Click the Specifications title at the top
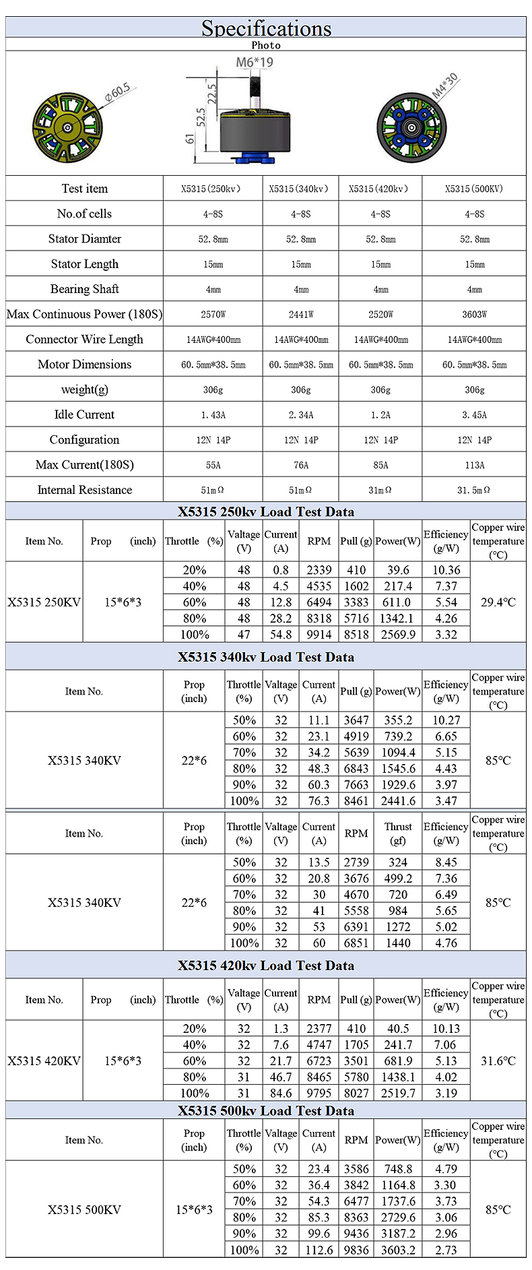coord(266,28)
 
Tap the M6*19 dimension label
coord(255,63)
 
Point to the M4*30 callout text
coord(444,86)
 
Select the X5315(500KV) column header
coord(474,189)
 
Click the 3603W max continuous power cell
coord(474,315)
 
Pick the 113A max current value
coord(474,465)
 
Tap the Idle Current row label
coord(84,415)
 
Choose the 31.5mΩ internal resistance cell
coord(474,490)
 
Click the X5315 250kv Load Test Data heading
coord(266,511)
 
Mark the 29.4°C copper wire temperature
coord(498,602)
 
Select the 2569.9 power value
coord(398,635)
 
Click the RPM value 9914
coord(319,635)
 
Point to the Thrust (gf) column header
coord(398,833)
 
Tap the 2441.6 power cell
coord(398,801)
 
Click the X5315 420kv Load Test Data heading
coord(266,965)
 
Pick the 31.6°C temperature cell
coord(498,1061)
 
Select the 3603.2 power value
coord(398,1250)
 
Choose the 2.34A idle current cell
coord(301,415)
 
